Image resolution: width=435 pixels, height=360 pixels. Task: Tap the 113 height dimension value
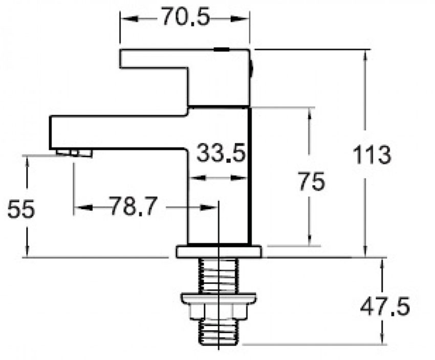(x=372, y=154)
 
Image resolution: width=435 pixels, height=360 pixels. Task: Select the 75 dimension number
(x=311, y=182)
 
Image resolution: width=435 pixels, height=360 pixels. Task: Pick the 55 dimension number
(x=21, y=209)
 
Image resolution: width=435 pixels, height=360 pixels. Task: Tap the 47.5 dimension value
(x=385, y=307)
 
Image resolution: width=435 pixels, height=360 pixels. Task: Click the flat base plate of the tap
(x=219, y=252)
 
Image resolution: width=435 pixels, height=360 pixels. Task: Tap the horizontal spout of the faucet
(x=118, y=132)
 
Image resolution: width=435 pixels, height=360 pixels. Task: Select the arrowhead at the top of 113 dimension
(x=365, y=55)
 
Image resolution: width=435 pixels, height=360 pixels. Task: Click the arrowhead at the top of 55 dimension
(x=26, y=161)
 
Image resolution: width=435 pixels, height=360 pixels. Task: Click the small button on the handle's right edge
(x=251, y=66)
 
